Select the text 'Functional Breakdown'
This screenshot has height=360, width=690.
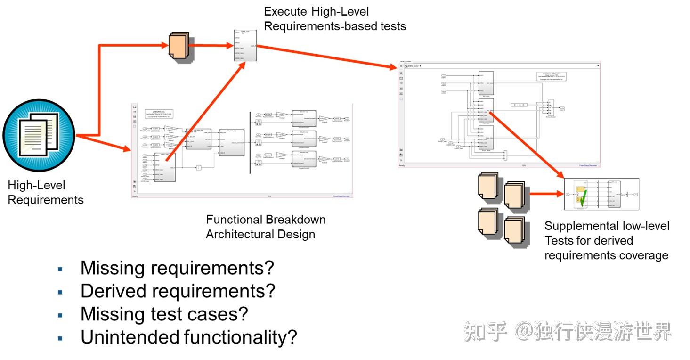pos(266,220)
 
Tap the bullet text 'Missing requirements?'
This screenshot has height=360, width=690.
pos(177,268)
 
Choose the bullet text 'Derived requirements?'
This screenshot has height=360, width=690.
pos(178,291)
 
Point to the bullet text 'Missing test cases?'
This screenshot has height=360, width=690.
pos(164,314)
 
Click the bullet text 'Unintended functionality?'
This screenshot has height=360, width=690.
pos(189,337)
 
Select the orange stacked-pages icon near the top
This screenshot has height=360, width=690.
pos(179,47)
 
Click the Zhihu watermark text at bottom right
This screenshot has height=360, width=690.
pos(568,332)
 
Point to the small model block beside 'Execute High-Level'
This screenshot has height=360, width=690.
pos(245,46)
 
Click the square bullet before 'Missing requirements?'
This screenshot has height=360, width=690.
pos(60,269)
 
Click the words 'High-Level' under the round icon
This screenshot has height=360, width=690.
pos(37,186)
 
